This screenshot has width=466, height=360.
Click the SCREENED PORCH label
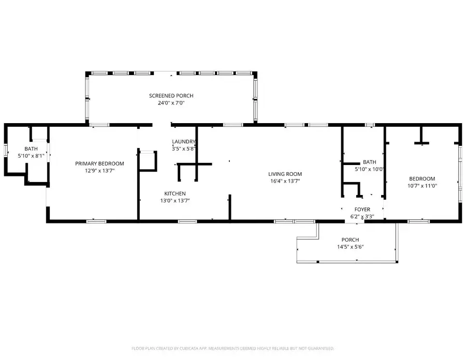[x=171, y=96]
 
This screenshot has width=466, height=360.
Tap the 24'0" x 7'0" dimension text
[x=171, y=103]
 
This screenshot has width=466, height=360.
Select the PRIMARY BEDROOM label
[x=99, y=163]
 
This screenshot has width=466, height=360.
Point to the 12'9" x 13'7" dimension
[x=99, y=170]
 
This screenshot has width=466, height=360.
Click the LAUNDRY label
[x=184, y=142]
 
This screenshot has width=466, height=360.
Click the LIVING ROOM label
[x=285, y=174]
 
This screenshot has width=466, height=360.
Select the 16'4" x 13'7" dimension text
[x=285, y=181]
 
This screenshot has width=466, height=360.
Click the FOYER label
[x=362, y=209]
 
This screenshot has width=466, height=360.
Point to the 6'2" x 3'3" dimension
[x=362, y=217]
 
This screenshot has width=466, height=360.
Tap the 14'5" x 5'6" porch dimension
[x=350, y=247]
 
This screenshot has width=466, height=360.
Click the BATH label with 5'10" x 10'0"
[x=369, y=162]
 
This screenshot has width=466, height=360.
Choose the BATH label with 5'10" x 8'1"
[x=31, y=149]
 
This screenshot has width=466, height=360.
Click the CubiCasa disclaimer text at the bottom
[x=233, y=348]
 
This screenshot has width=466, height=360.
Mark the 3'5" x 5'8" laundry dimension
[x=184, y=148]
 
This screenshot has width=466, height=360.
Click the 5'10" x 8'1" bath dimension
[x=31, y=156]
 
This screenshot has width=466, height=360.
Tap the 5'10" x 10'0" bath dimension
[x=369, y=169]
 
